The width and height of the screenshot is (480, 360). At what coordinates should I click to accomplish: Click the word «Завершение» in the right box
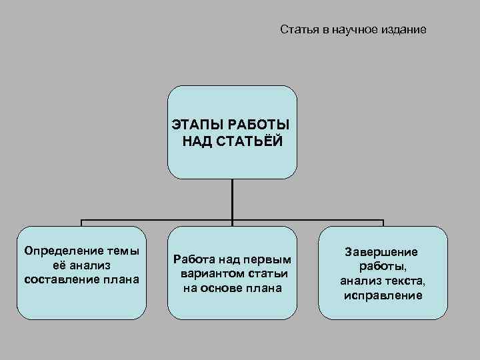coord(382,252)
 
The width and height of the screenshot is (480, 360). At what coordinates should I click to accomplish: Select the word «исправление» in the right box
coord(383,295)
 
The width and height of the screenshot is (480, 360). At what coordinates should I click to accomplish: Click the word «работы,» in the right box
coord(383,266)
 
